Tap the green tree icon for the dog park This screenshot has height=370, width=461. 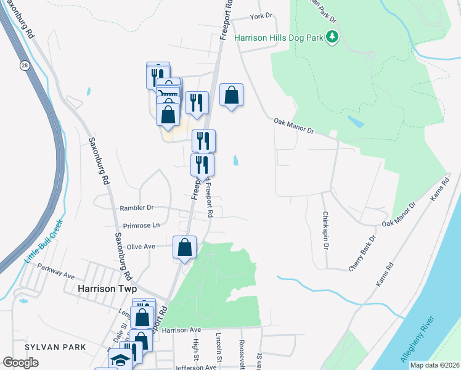click(x=333, y=38)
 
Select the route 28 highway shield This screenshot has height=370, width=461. click(x=24, y=66)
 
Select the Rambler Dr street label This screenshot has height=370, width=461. click(x=136, y=208)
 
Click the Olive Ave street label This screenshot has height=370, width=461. click(x=140, y=246)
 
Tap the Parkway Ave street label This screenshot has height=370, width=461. click(x=55, y=272)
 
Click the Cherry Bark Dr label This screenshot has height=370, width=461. click(x=362, y=253)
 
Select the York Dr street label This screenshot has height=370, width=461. click(x=261, y=17)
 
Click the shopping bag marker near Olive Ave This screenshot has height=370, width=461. click(x=185, y=248)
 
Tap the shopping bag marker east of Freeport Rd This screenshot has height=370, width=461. click(x=231, y=96)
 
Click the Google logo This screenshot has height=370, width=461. click(x=21, y=362)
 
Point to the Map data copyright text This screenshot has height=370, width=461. click(x=434, y=365)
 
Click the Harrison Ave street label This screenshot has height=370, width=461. click(x=182, y=330)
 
